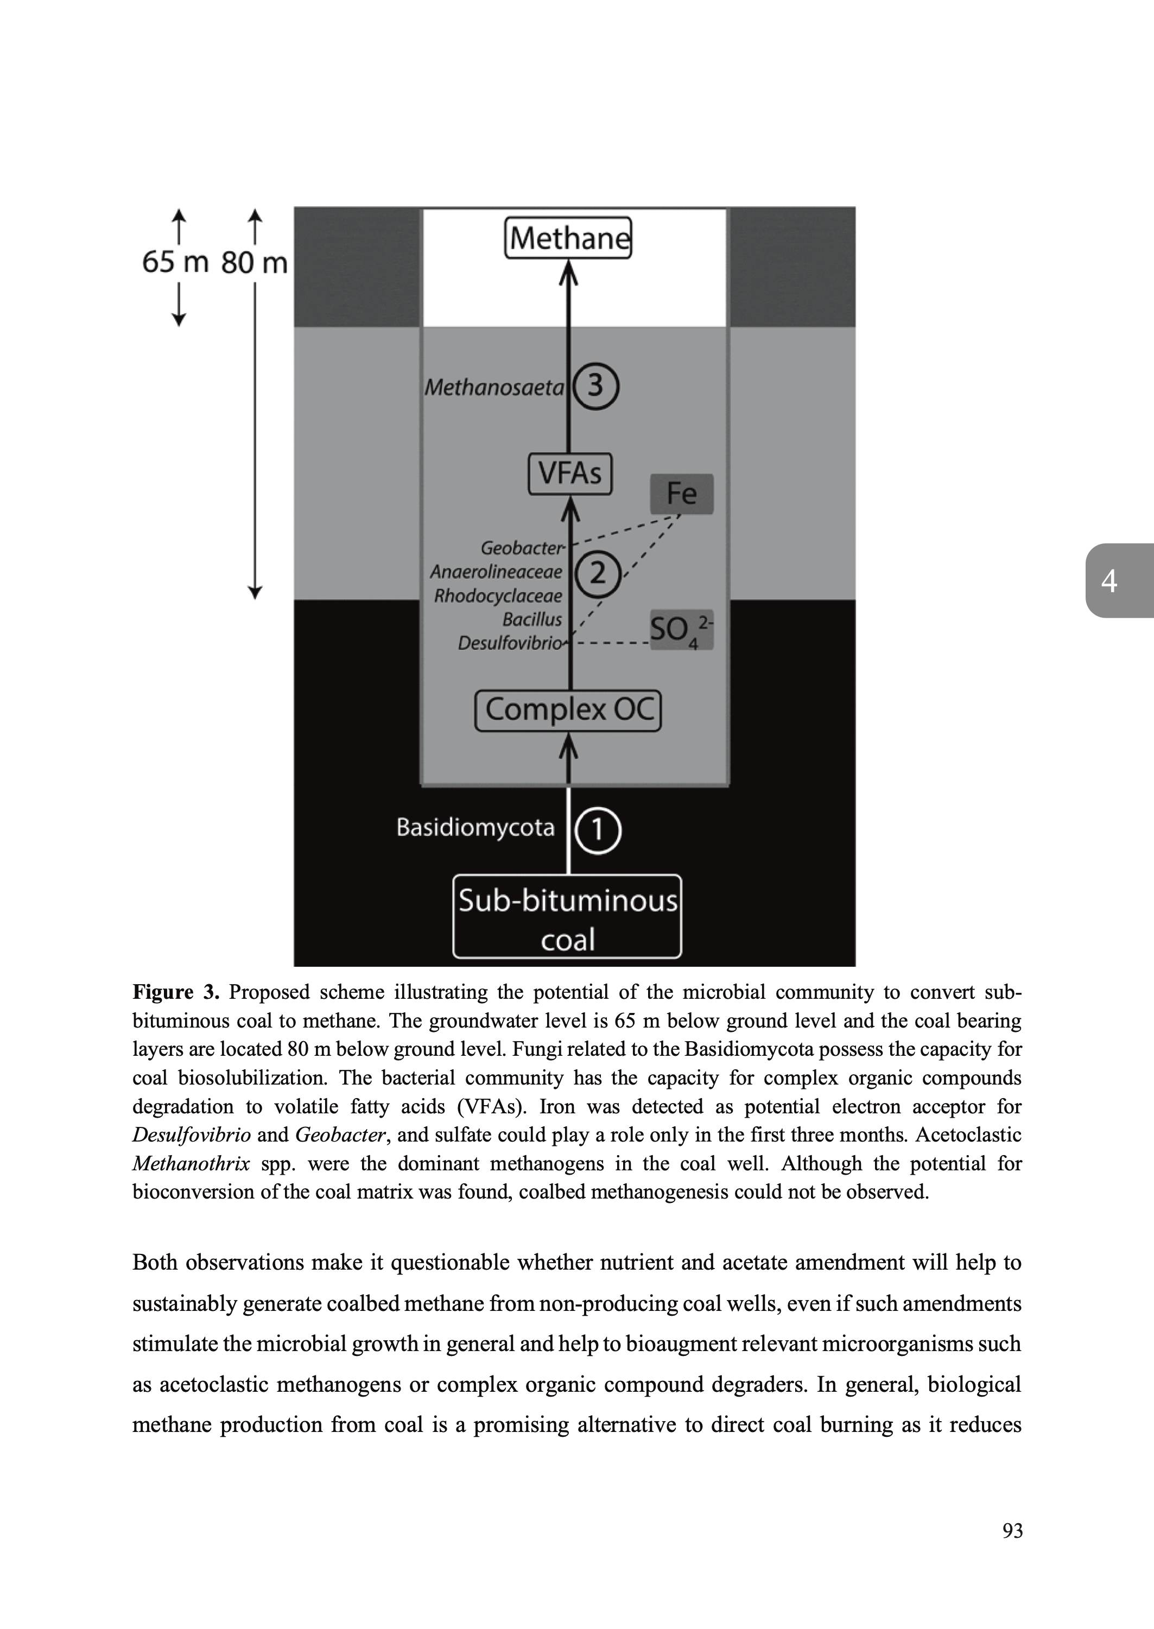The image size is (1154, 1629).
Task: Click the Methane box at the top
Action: pyautogui.click(x=568, y=238)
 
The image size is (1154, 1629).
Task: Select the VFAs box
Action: pyautogui.click(x=570, y=473)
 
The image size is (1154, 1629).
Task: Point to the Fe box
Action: pyautogui.click(x=681, y=494)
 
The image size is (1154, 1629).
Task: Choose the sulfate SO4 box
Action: pyautogui.click(x=681, y=630)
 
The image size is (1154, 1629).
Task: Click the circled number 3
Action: pyautogui.click(x=595, y=386)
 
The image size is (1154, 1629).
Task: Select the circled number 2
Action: pyautogui.click(x=598, y=573)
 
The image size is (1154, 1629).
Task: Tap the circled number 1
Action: pyautogui.click(x=597, y=829)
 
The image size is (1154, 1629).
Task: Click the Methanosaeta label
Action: pyautogui.click(x=494, y=387)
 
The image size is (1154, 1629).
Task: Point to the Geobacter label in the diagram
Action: pyautogui.click(x=522, y=548)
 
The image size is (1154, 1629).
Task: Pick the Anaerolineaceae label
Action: pyautogui.click(x=496, y=572)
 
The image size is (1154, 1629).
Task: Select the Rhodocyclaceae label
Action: pyautogui.click(x=498, y=595)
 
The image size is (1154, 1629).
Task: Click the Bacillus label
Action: pyautogui.click(x=532, y=619)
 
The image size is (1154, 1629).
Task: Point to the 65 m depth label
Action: pyautogui.click(x=175, y=262)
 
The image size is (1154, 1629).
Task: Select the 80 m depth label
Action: pyautogui.click(x=253, y=263)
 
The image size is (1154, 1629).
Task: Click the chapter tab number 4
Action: pyautogui.click(x=1108, y=581)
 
